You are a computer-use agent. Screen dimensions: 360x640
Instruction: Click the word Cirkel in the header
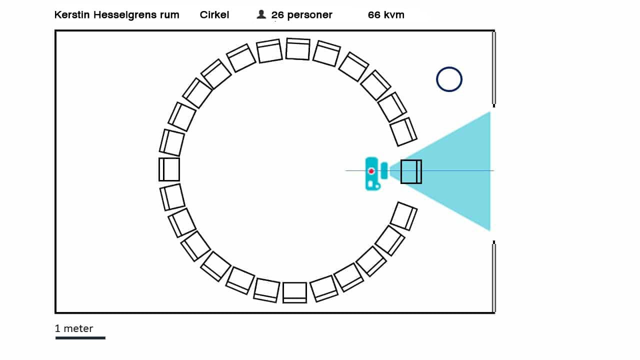[214, 15]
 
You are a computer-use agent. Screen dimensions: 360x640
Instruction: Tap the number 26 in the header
[277, 15]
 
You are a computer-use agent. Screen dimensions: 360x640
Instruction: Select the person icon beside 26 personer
[261, 14]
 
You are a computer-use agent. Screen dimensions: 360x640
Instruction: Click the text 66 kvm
[386, 15]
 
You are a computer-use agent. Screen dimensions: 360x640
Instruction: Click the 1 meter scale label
[74, 328]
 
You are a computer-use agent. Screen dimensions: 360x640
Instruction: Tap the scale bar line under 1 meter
[80, 338]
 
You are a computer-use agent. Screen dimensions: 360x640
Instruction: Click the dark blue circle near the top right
[449, 79]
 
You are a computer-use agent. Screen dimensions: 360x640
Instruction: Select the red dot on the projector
[371, 171]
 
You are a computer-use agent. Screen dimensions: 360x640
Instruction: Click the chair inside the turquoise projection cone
[411, 171]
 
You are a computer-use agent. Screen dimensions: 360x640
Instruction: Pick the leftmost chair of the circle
[169, 169]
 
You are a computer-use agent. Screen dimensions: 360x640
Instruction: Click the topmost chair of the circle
[298, 49]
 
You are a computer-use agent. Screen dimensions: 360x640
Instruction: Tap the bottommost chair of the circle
[294, 292]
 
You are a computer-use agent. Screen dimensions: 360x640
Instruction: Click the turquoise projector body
[371, 173]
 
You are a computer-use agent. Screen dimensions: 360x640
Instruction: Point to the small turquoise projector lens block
[384, 170]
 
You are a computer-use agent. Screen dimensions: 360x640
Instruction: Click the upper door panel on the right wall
[494, 68]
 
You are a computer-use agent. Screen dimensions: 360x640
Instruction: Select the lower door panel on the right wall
[494, 277]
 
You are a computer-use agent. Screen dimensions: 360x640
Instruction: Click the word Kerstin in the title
[72, 15]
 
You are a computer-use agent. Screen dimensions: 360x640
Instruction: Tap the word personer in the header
[309, 15]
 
